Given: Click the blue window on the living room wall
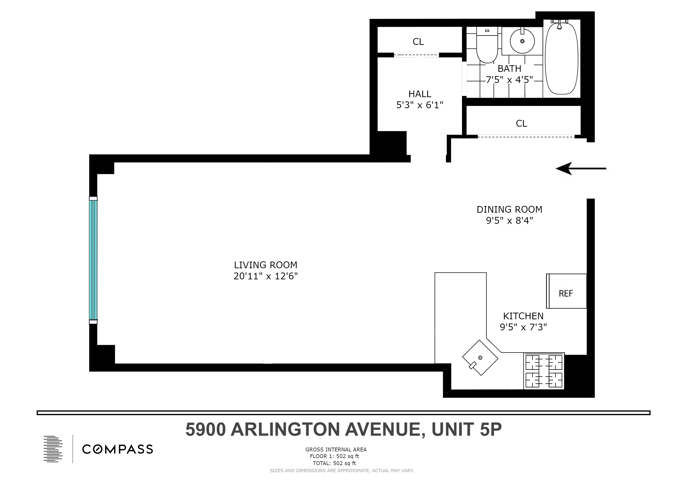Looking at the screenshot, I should tap(93, 260).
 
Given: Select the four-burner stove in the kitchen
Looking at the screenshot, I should tap(544, 371).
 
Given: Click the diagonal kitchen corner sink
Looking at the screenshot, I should tap(480, 358).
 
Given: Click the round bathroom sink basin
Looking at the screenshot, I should tap(522, 41).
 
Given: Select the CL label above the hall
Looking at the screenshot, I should tap(418, 42).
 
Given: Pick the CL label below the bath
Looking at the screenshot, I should tap(521, 123).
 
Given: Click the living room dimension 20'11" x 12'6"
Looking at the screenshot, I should tap(265, 276).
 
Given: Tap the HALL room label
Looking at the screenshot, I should tap(420, 94).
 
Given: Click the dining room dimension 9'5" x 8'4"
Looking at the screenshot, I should tap(509, 220).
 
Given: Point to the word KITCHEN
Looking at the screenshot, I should tap(523, 316).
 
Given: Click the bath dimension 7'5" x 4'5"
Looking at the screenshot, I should tap(509, 80).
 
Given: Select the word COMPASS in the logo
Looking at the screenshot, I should tap(117, 449).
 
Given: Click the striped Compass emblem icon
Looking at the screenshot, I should tap(53, 449).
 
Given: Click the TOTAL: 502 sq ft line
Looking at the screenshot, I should tap(334, 463).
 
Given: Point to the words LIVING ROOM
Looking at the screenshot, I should tap(265, 265).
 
